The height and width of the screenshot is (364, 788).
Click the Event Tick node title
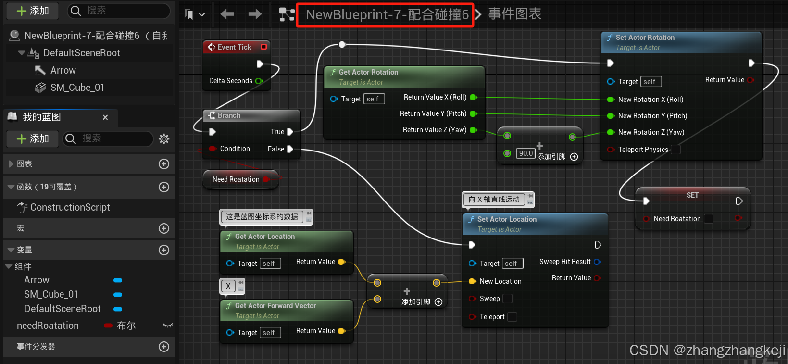click(x=234, y=47)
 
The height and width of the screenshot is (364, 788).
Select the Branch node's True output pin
click(x=290, y=132)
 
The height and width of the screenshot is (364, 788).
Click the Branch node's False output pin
click(x=290, y=149)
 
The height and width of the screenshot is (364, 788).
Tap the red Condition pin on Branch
click(x=213, y=149)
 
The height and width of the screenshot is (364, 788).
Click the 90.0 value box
click(x=525, y=153)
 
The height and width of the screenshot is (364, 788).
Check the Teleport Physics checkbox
click(x=675, y=150)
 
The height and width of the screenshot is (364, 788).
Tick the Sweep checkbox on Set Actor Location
click(x=507, y=299)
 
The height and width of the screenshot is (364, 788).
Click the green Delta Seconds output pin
click(x=259, y=81)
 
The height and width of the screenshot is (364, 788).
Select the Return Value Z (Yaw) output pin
click(x=473, y=130)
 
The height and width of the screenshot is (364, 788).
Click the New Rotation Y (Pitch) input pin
click(x=611, y=116)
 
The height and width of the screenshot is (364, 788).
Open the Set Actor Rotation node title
click(x=645, y=38)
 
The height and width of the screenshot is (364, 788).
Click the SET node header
click(x=692, y=195)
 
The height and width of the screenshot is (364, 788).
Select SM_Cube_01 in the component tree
click(x=77, y=88)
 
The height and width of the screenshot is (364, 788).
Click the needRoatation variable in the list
click(x=48, y=326)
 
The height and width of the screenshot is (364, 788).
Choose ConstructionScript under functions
click(x=70, y=207)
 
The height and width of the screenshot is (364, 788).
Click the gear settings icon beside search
click(x=164, y=139)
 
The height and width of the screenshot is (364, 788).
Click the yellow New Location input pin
click(x=473, y=281)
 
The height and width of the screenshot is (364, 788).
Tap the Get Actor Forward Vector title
click(x=275, y=306)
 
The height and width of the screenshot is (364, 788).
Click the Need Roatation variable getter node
click(x=236, y=179)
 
